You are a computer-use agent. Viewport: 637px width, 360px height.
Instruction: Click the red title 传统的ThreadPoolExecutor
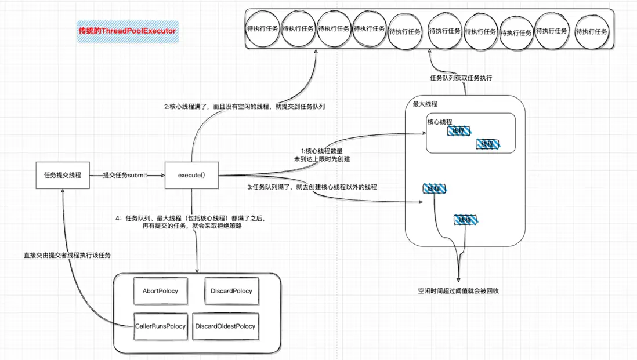pyautogui.click(x=127, y=30)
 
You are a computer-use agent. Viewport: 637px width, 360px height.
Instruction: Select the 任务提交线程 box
pyautogui.click(x=62, y=174)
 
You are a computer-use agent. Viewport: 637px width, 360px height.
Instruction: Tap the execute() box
pyautogui.click(x=191, y=174)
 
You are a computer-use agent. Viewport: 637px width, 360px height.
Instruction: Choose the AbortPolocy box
pyautogui.click(x=160, y=290)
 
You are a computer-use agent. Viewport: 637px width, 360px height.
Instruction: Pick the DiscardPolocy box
pyautogui.click(x=231, y=290)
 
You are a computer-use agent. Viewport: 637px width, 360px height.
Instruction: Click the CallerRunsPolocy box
pyautogui.click(x=160, y=326)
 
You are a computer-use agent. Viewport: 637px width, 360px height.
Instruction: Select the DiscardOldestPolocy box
pyautogui.click(x=225, y=326)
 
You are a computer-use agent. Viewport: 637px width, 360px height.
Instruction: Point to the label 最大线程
pyautogui.click(x=425, y=104)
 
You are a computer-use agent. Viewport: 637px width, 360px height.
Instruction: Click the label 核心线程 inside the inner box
pyautogui.click(x=440, y=122)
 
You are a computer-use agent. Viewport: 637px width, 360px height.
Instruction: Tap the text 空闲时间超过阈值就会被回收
pyautogui.click(x=458, y=290)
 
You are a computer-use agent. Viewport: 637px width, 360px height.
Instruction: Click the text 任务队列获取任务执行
pyautogui.click(x=461, y=78)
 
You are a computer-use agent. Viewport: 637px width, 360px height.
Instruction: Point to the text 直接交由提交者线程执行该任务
pyautogui.click(x=67, y=255)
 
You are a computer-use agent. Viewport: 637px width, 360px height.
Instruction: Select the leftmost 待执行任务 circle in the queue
pyautogui.click(x=262, y=28)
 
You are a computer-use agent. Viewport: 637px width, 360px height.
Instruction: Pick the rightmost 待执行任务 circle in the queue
pyautogui.click(x=591, y=32)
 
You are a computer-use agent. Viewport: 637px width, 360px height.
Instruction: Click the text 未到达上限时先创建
pyautogui.click(x=322, y=158)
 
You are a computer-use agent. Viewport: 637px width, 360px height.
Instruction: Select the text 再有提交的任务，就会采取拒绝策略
pyautogui.click(x=192, y=227)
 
